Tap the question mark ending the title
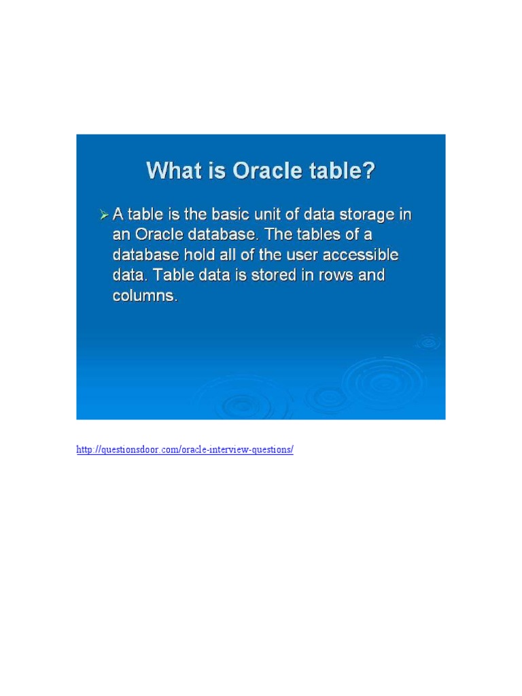click(368, 170)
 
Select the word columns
click(145, 296)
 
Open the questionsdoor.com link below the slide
click(185, 450)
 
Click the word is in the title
click(216, 170)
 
